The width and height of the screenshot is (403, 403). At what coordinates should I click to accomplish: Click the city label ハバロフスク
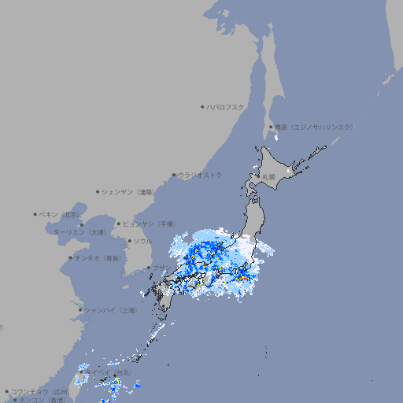225,106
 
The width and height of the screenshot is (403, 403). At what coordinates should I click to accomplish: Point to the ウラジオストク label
200,175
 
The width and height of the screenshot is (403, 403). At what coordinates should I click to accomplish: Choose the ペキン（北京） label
59,214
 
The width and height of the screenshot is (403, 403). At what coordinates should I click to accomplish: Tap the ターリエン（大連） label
79,232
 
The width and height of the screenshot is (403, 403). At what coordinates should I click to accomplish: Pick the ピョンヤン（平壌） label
147,224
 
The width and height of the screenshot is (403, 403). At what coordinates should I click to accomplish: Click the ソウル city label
142,241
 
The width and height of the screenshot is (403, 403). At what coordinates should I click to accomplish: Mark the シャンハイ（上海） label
110,310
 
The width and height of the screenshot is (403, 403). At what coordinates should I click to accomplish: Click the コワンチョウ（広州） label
40,391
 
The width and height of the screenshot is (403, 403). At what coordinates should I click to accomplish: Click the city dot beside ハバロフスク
202,106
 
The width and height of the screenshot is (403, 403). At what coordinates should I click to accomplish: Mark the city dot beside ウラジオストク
174,175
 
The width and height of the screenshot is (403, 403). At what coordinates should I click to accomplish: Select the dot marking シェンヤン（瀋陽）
98,191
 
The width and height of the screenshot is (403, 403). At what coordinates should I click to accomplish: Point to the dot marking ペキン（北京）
35,214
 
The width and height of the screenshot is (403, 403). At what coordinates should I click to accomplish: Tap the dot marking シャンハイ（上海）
80,310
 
